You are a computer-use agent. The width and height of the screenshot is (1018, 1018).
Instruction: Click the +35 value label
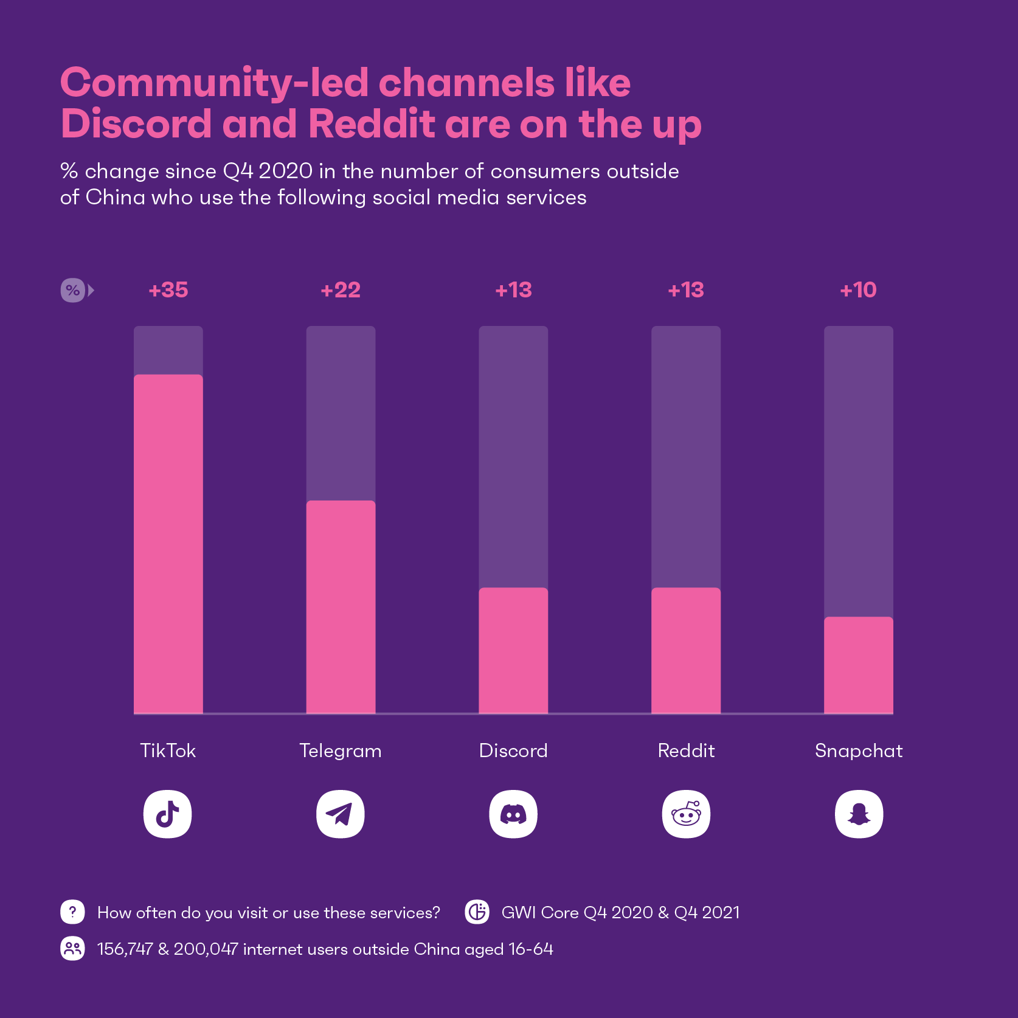[x=168, y=290]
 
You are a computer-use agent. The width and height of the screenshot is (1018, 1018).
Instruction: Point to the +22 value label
[x=341, y=290]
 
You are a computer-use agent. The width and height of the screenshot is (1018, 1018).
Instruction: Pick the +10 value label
[x=858, y=290]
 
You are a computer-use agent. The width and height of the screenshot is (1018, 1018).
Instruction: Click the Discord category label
[x=513, y=750]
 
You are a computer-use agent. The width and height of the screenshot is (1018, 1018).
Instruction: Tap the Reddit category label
[x=686, y=750]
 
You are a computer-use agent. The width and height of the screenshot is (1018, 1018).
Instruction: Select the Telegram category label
[x=341, y=751]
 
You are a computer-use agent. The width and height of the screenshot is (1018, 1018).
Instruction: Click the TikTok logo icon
[x=168, y=814]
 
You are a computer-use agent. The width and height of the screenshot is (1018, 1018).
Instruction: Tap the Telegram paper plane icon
[x=341, y=814]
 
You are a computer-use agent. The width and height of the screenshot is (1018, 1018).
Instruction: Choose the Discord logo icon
[x=513, y=814]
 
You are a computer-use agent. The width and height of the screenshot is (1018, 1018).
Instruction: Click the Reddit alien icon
[x=686, y=814]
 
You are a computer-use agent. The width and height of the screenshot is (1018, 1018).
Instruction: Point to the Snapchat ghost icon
[x=859, y=814]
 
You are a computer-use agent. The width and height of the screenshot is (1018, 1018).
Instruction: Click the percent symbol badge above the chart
[x=73, y=290]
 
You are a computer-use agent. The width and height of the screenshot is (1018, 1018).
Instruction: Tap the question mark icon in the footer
[x=72, y=912]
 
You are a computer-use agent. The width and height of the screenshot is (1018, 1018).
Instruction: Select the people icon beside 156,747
[x=72, y=949]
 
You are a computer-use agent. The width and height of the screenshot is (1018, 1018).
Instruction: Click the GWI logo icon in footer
[x=477, y=912]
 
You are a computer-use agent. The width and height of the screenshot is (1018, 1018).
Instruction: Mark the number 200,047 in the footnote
[x=206, y=949]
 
